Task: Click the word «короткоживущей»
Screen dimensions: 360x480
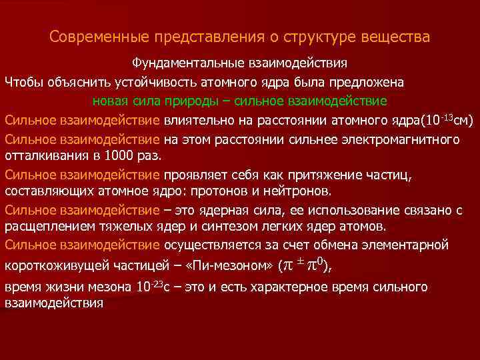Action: pyautogui.click(x=55, y=266)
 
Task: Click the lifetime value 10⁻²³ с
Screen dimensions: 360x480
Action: pyautogui.click(x=155, y=288)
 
